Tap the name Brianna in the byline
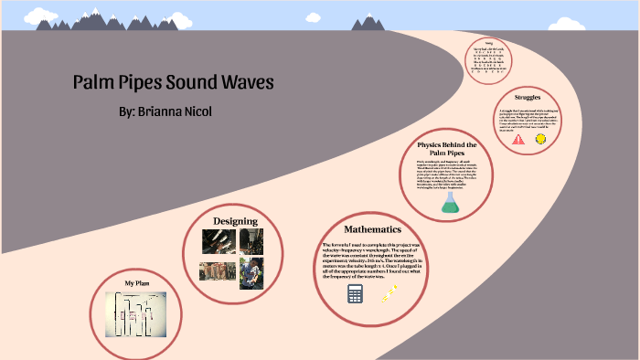coord(173,111)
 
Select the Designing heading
coord(235,221)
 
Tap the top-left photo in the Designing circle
coord(218,240)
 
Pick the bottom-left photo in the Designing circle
coord(216,270)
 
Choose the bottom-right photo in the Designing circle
coord(251,273)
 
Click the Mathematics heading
coord(372,228)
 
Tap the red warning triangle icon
coord(518,139)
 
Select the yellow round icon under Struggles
coord(540,139)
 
